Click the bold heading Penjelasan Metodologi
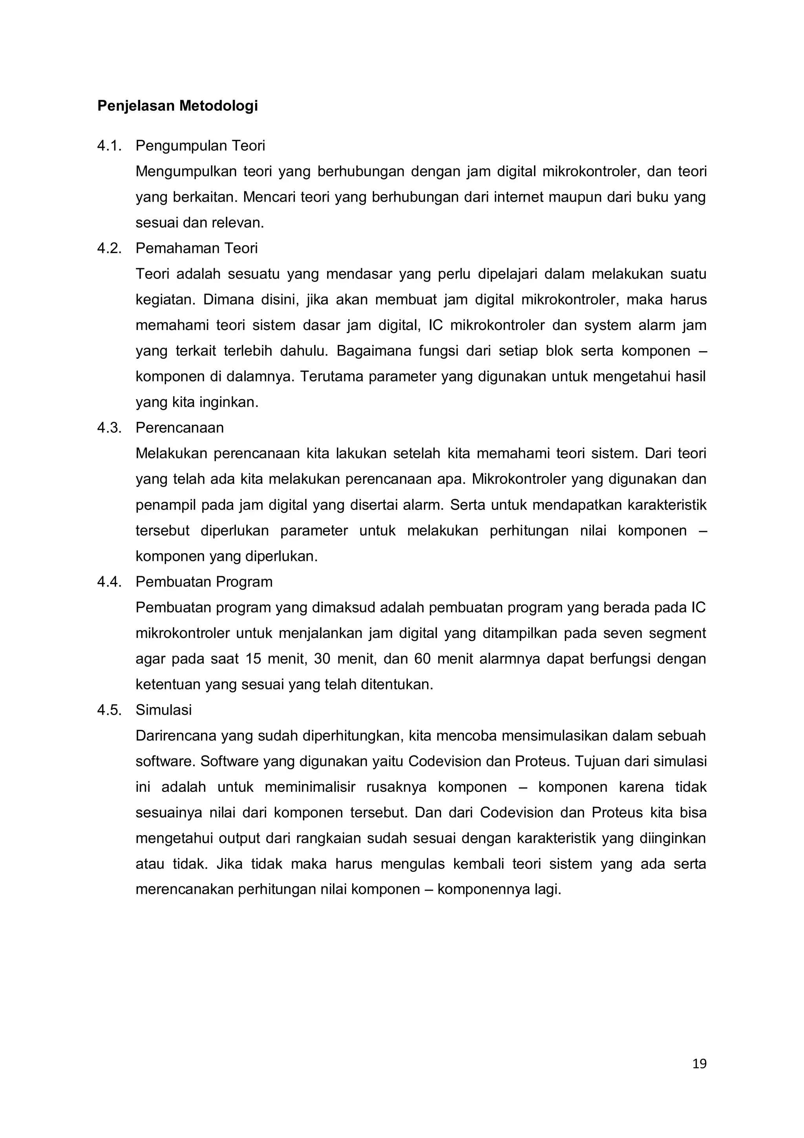point(177,106)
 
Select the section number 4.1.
point(109,146)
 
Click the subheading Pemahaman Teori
point(197,248)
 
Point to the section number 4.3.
point(109,428)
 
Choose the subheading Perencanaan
point(179,428)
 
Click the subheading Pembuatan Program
point(204,582)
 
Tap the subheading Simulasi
point(163,710)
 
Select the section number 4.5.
point(109,710)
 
